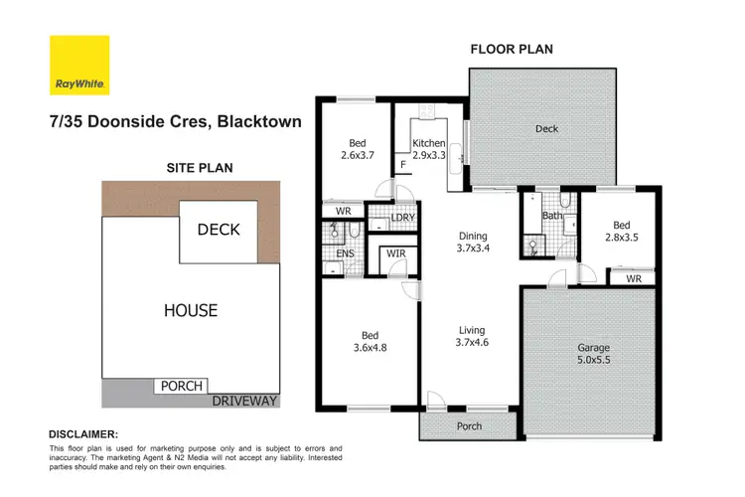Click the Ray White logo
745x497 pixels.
tap(79, 66)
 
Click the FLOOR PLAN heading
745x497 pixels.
tap(511, 49)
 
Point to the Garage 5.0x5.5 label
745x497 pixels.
tap(594, 355)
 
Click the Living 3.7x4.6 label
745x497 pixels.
tap(472, 337)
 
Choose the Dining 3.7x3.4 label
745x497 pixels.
tap(472, 243)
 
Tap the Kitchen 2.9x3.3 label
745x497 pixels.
tap(429, 150)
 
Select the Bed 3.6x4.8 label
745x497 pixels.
tap(368, 342)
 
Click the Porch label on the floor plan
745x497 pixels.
tap(469, 426)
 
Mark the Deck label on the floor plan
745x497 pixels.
tap(546, 128)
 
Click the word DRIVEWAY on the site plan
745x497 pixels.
tap(243, 401)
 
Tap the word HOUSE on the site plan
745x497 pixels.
tap(191, 310)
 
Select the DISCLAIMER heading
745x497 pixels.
tap(83, 434)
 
